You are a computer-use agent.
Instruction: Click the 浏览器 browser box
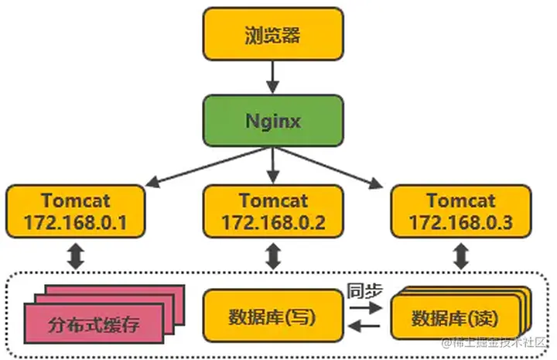click(x=272, y=35)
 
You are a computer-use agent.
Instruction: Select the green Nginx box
click(x=272, y=122)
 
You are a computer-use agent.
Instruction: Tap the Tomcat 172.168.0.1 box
click(x=74, y=211)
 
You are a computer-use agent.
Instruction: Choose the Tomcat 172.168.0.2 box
click(x=272, y=211)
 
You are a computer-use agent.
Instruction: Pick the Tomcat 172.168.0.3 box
click(x=460, y=211)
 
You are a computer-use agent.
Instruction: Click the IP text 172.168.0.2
click(x=272, y=223)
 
